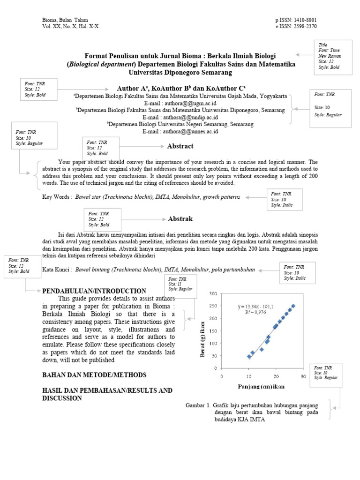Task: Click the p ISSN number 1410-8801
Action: click(304, 20)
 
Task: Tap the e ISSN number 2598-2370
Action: click(304, 26)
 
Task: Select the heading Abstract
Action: click(180, 146)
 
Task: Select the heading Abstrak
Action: click(180, 219)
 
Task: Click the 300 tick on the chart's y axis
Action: click(213, 293)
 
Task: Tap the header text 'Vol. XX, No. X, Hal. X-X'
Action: click(70, 26)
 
